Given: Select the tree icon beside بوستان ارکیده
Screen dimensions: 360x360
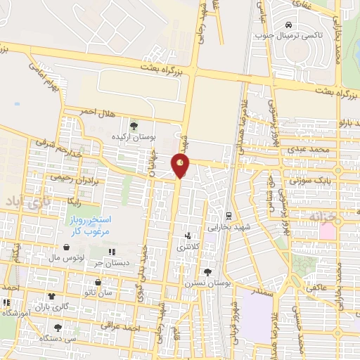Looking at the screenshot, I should click(134, 126).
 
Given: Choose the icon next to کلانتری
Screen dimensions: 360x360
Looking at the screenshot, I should click(188, 237).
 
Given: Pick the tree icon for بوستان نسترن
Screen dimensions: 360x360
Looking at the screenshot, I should click(207, 272).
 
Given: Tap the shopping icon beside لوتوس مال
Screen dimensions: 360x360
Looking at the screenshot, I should click(65, 247).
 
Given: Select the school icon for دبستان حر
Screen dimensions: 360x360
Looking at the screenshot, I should click(111, 252).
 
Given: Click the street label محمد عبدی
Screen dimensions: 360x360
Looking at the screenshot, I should click(312, 150).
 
